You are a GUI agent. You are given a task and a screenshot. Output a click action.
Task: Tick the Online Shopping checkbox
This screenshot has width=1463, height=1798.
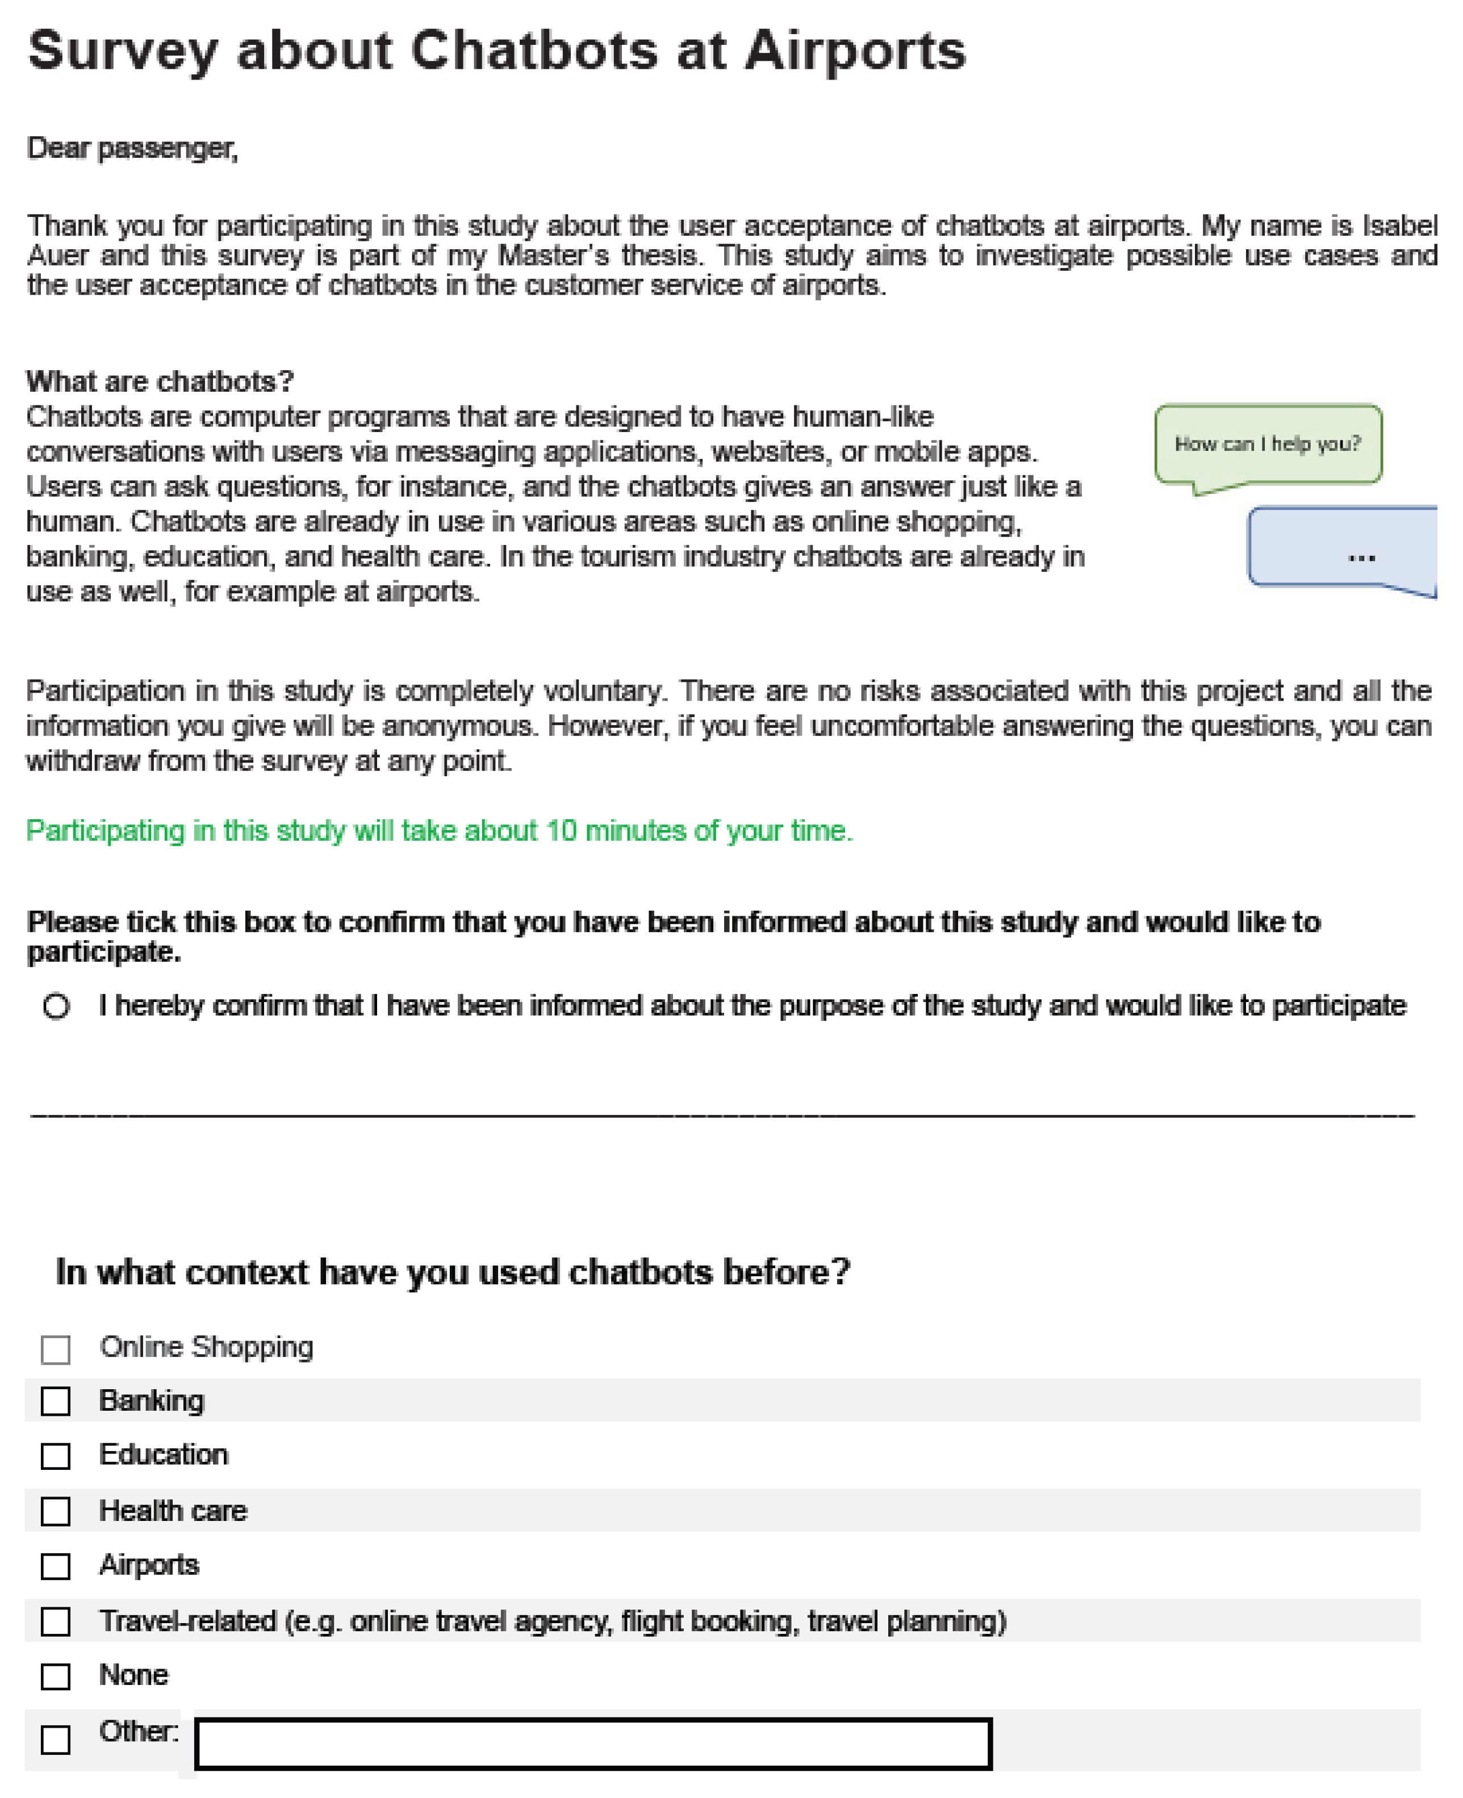coord(56,1349)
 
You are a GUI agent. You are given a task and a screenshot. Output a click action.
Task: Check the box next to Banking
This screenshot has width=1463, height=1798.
coord(56,1401)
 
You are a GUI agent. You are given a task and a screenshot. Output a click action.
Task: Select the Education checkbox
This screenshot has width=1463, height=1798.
coord(56,1456)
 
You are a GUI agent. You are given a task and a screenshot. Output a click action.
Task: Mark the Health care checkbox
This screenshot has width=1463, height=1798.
coord(56,1511)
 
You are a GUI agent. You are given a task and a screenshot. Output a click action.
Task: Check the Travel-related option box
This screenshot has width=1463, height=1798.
coord(56,1621)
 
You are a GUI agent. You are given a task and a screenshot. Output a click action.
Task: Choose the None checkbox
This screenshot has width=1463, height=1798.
coord(56,1676)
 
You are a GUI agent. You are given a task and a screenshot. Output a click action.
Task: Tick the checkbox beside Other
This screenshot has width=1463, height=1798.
coord(56,1739)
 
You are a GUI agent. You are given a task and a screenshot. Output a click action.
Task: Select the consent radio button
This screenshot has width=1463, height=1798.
coord(56,1006)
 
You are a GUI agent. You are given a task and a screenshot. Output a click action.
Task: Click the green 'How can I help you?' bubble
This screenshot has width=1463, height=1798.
coord(1268,444)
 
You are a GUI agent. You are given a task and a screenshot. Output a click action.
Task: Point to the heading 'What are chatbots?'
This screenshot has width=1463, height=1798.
coord(160,382)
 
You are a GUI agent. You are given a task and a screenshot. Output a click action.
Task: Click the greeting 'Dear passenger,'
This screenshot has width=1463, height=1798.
coord(132,148)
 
